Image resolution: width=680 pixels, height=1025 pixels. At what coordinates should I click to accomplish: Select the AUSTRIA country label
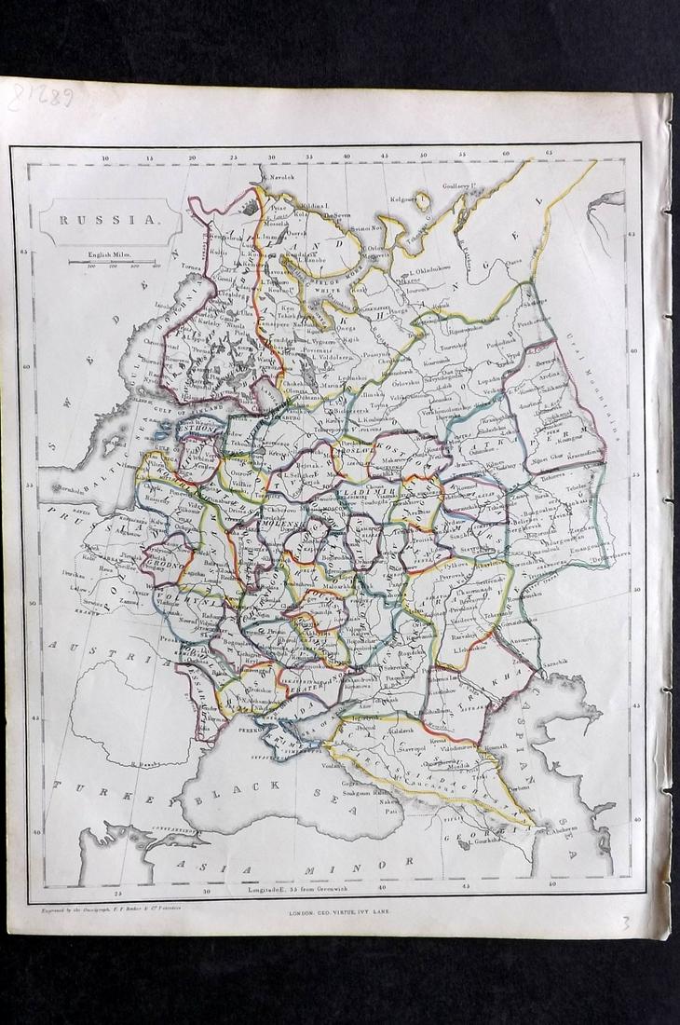(x=94, y=653)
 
